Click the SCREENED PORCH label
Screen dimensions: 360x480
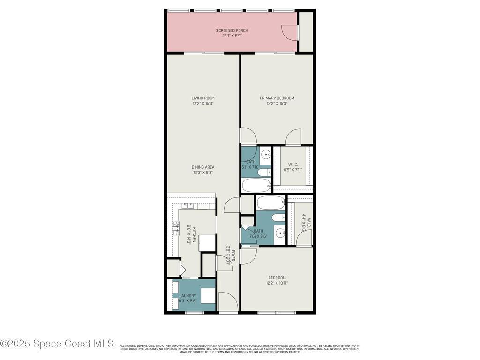(232, 30)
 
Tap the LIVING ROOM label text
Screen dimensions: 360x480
(203, 98)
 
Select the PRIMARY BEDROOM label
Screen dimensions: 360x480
(277, 98)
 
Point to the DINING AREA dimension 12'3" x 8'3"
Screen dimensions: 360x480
(203, 172)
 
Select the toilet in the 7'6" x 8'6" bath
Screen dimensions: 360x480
(277, 217)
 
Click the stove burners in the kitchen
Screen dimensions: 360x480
(177, 229)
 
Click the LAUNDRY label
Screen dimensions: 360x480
(187, 296)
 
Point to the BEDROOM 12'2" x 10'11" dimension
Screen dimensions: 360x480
(277, 283)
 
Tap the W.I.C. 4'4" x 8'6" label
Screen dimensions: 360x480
(304, 220)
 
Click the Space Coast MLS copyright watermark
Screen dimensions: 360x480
(57, 344)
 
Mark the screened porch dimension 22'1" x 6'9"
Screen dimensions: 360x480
(232, 36)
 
